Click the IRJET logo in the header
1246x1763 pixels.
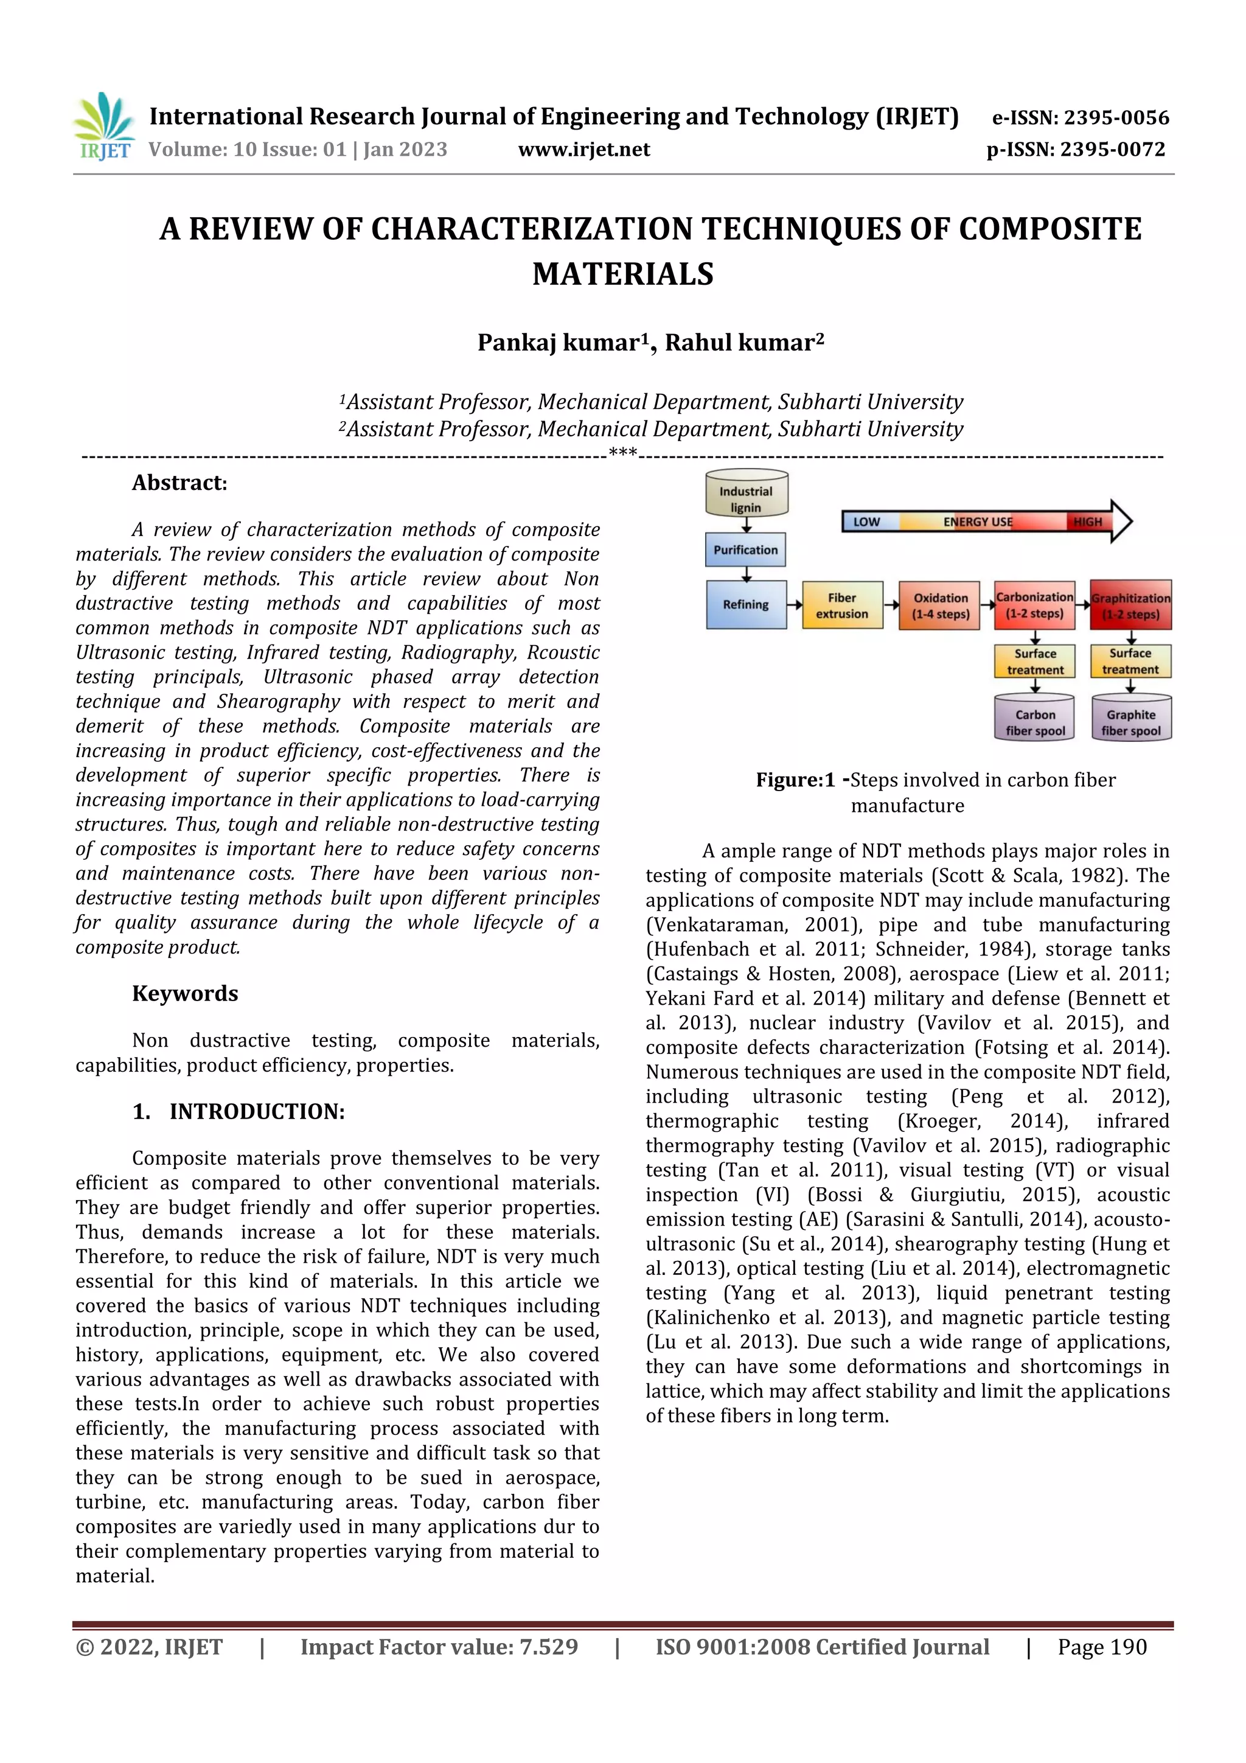tap(103, 127)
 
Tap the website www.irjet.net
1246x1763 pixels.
tap(583, 150)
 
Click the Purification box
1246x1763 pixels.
tap(745, 550)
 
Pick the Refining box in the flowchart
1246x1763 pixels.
tap(745, 604)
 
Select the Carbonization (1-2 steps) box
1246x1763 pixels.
tap(1034, 605)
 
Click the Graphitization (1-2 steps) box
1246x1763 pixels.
tap(1130, 605)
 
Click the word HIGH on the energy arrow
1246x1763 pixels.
tap(1087, 522)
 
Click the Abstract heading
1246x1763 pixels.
tap(179, 483)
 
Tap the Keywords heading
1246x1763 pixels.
tap(185, 994)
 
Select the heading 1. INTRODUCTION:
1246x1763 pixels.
tap(238, 1112)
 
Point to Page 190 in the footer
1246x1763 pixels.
tap(1102, 1647)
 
